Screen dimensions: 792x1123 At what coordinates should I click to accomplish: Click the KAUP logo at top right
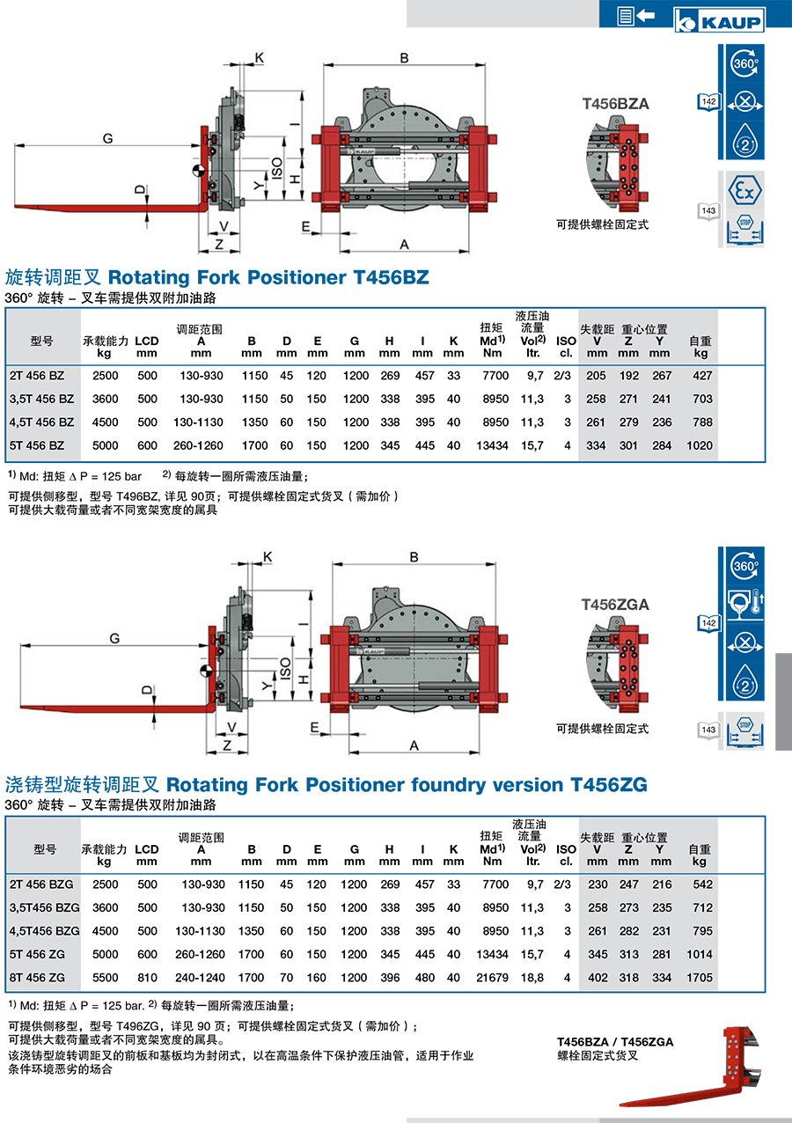[719, 19]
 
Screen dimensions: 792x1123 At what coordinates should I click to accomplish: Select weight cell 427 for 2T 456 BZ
[702, 376]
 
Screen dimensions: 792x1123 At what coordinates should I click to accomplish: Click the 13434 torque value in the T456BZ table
[492, 445]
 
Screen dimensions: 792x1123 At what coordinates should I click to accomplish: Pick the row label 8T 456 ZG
[37, 977]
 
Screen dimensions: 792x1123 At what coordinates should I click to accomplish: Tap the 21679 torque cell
[492, 977]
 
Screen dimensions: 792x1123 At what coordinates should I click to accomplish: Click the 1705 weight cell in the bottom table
[700, 977]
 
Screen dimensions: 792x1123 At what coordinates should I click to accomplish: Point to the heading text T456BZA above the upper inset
[615, 104]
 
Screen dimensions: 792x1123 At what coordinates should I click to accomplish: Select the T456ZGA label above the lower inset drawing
[615, 605]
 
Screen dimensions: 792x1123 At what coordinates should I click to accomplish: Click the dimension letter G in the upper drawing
[107, 138]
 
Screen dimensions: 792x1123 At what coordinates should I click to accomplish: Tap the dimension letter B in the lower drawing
[414, 557]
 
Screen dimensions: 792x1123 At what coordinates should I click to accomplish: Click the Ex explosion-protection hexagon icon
[744, 191]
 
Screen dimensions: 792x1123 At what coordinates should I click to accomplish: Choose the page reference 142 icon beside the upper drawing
[708, 102]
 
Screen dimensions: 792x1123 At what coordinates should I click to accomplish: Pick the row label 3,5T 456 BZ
[41, 399]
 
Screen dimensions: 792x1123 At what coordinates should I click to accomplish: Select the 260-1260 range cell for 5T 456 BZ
[198, 445]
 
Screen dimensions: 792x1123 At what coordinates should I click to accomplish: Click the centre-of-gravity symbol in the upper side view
[199, 170]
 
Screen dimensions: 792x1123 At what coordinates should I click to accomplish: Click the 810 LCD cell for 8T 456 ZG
[147, 977]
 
